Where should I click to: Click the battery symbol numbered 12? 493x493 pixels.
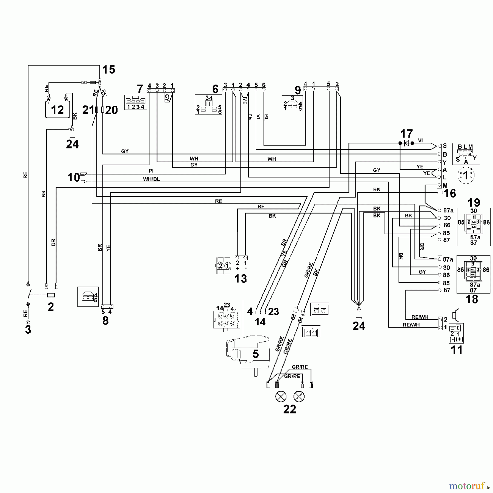(x=58, y=109)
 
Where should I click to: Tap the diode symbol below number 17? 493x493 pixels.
(x=406, y=143)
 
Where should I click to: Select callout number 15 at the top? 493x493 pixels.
(x=109, y=70)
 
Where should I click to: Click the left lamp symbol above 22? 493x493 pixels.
(x=281, y=396)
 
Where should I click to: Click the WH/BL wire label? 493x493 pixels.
(x=151, y=179)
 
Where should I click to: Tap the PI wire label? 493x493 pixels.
(x=151, y=171)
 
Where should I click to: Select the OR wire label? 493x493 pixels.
(x=53, y=242)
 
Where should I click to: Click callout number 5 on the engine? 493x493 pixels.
(x=255, y=354)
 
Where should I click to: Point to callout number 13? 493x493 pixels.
(x=240, y=279)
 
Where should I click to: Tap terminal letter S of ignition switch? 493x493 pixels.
(x=445, y=146)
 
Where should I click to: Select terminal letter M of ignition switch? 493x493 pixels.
(x=445, y=185)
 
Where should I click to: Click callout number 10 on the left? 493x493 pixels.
(x=73, y=177)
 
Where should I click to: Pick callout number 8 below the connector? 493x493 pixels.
(x=105, y=320)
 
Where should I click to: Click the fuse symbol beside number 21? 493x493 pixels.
(x=96, y=110)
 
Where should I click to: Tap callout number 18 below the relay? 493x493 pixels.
(x=472, y=299)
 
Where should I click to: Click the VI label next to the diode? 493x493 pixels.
(x=420, y=141)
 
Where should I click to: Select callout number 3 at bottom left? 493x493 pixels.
(x=28, y=330)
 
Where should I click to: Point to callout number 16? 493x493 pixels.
(x=450, y=193)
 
